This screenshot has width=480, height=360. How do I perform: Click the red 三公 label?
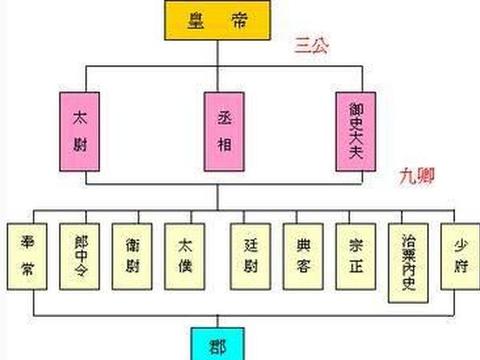[312, 45]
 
